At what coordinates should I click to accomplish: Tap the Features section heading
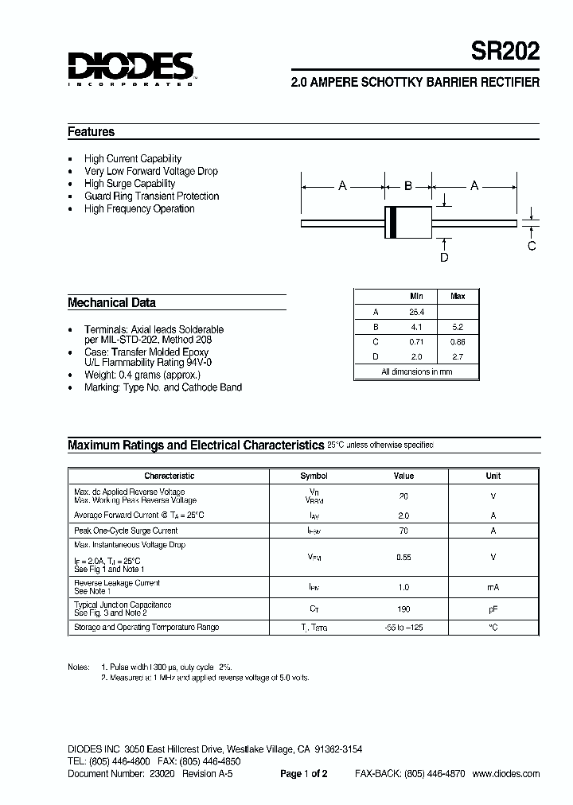coord(92,132)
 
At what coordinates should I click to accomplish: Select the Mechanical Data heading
coord(111,302)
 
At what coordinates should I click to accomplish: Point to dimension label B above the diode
coord(408,186)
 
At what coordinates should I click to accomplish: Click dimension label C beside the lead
coord(532,246)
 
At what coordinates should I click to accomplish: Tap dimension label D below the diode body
coord(444,257)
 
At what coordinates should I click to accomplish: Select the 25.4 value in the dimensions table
coord(416,312)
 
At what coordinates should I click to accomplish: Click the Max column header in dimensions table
coord(458,296)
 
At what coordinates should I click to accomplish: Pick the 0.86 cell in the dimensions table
coord(458,342)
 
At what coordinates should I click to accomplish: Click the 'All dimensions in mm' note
coord(416,371)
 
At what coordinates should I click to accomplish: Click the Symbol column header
coord(314,476)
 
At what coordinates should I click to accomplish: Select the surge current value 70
coord(403,531)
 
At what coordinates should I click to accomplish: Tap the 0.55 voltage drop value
coord(403,558)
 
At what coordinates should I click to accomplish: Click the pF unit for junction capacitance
coord(493,609)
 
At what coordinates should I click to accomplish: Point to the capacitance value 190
coord(403,609)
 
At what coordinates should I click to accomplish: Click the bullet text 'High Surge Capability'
coord(130,184)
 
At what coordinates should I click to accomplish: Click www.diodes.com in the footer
coord(506,774)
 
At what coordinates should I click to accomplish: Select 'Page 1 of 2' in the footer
coord(304,774)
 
